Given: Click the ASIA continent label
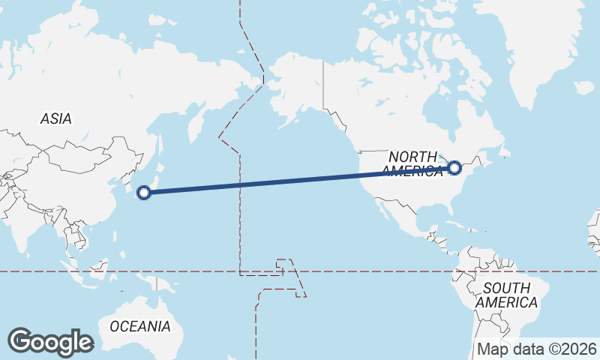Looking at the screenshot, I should [x=55, y=118].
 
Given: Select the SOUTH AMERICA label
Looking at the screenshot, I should [x=506, y=295].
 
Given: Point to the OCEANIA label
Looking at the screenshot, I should [x=140, y=326].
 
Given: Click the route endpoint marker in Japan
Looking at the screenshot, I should [x=144, y=193].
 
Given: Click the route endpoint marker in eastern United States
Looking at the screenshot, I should [x=454, y=167].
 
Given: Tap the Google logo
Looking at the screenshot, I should [x=50, y=342].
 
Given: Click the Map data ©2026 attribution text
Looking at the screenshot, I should [x=536, y=349].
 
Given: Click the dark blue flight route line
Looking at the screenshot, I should [x=300, y=180].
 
